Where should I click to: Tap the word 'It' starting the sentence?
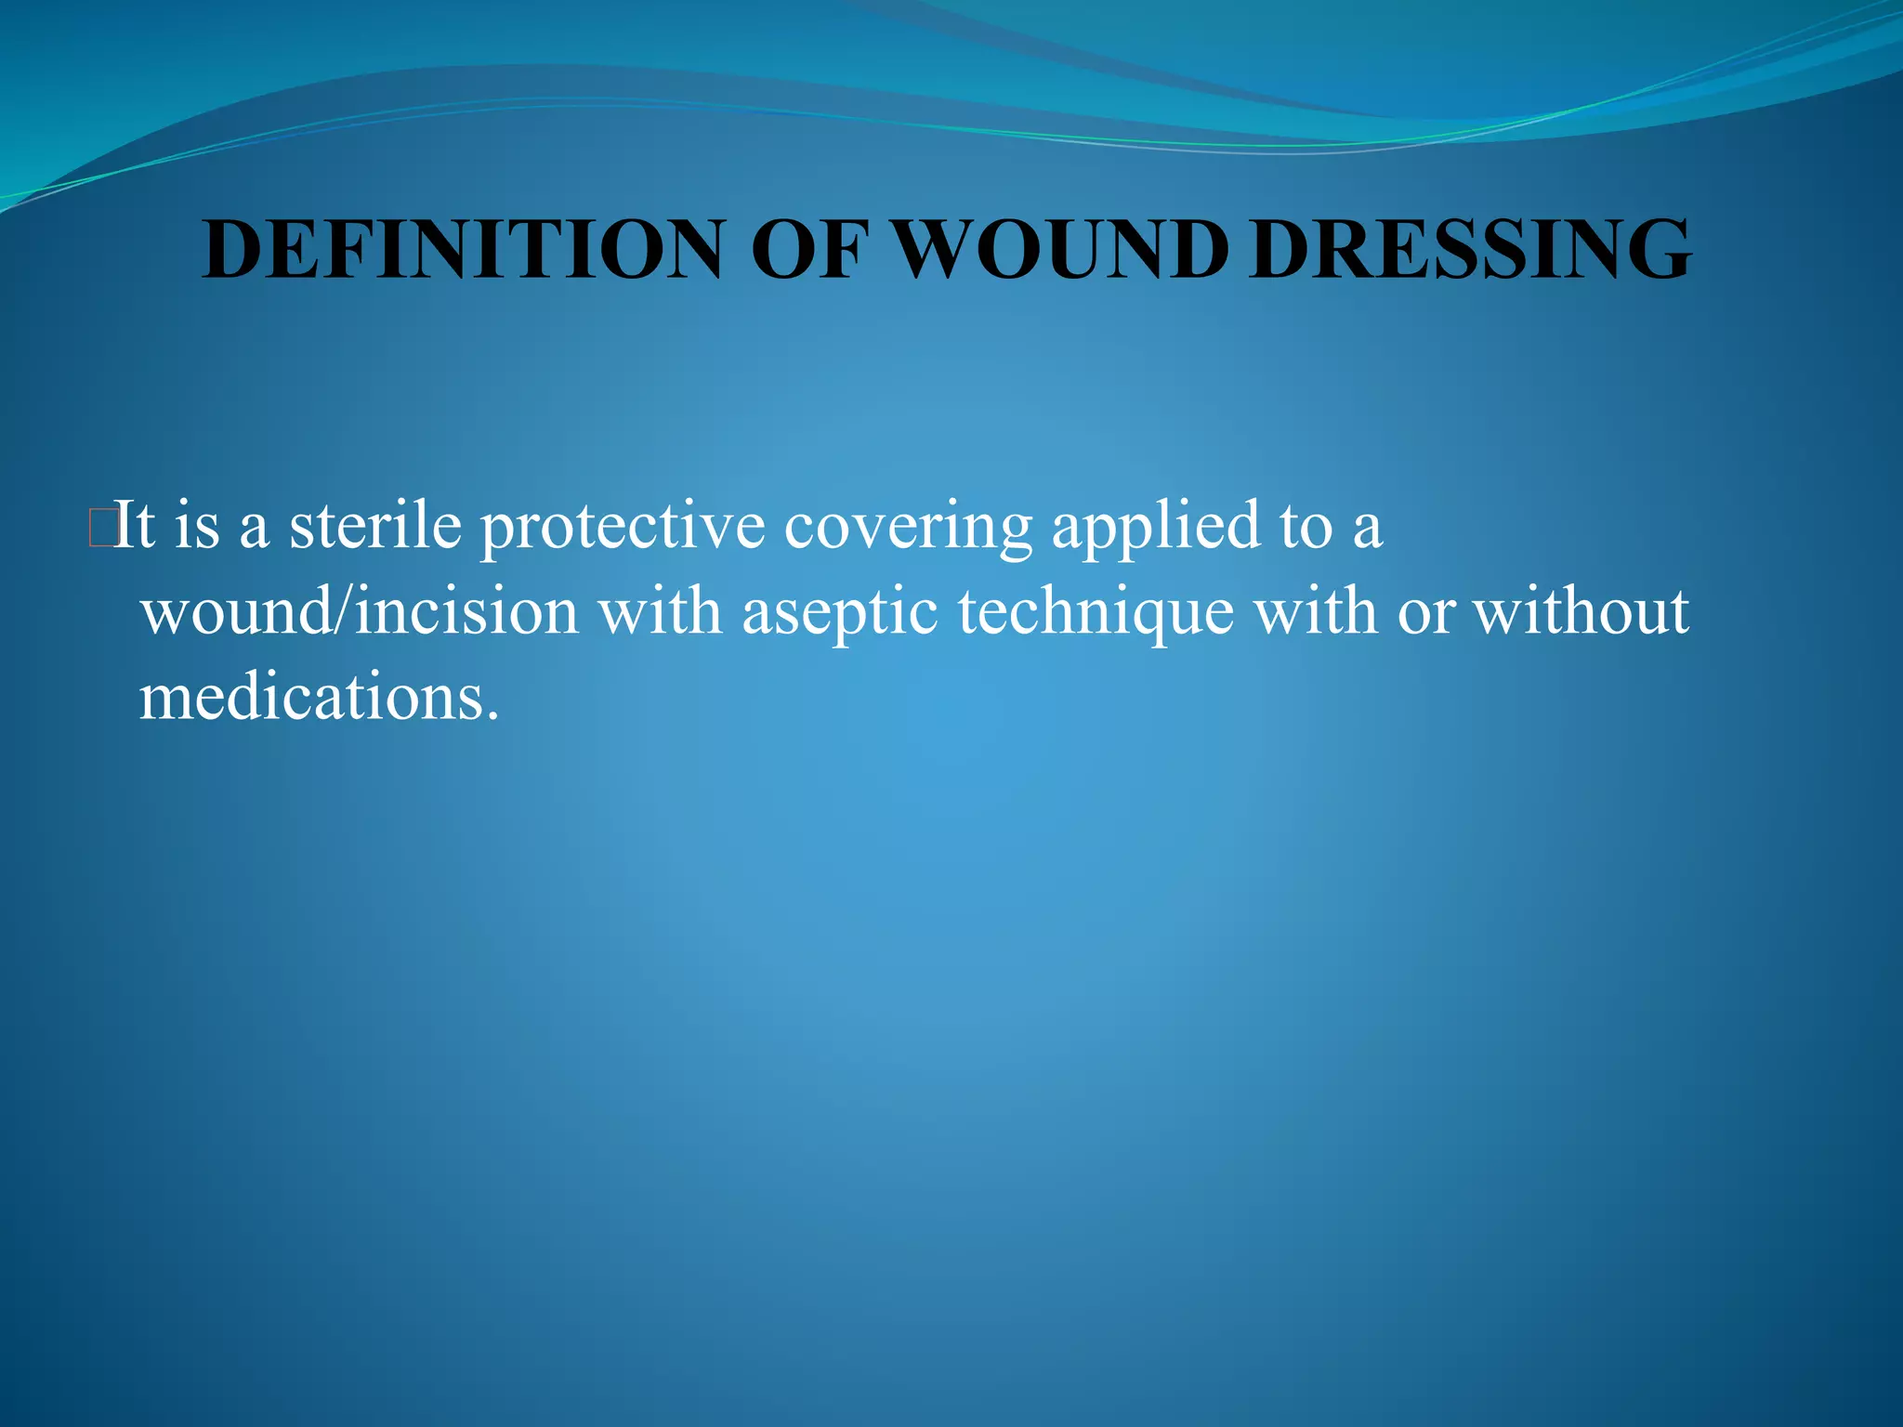[134, 525]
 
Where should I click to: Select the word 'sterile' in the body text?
[374, 525]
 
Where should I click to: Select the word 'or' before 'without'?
[1425, 614]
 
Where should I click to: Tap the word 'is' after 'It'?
[197, 525]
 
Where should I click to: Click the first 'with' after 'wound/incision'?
[659, 612]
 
